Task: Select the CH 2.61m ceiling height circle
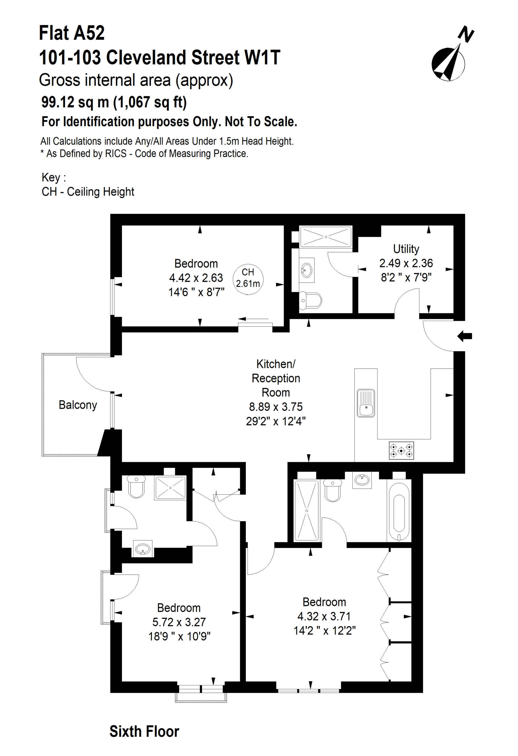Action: coord(248,278)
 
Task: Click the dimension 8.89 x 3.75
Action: coord(276,407)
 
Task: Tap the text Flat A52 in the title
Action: coord(72,33)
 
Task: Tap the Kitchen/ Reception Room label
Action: coord(276,378)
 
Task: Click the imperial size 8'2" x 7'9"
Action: coord(406,278)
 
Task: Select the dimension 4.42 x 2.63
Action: coord(196,278)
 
